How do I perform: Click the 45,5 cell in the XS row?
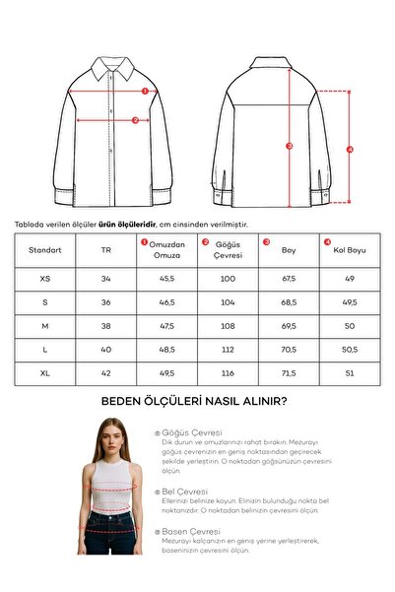166,279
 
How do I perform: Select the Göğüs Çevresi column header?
229,250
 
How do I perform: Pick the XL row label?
45,374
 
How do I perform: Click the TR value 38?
106,326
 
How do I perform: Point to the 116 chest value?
228,374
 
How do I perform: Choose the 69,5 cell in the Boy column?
289,326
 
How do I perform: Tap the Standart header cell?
45,250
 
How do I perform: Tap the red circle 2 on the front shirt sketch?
136,119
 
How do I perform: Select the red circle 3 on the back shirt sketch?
290,147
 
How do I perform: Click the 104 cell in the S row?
228,302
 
